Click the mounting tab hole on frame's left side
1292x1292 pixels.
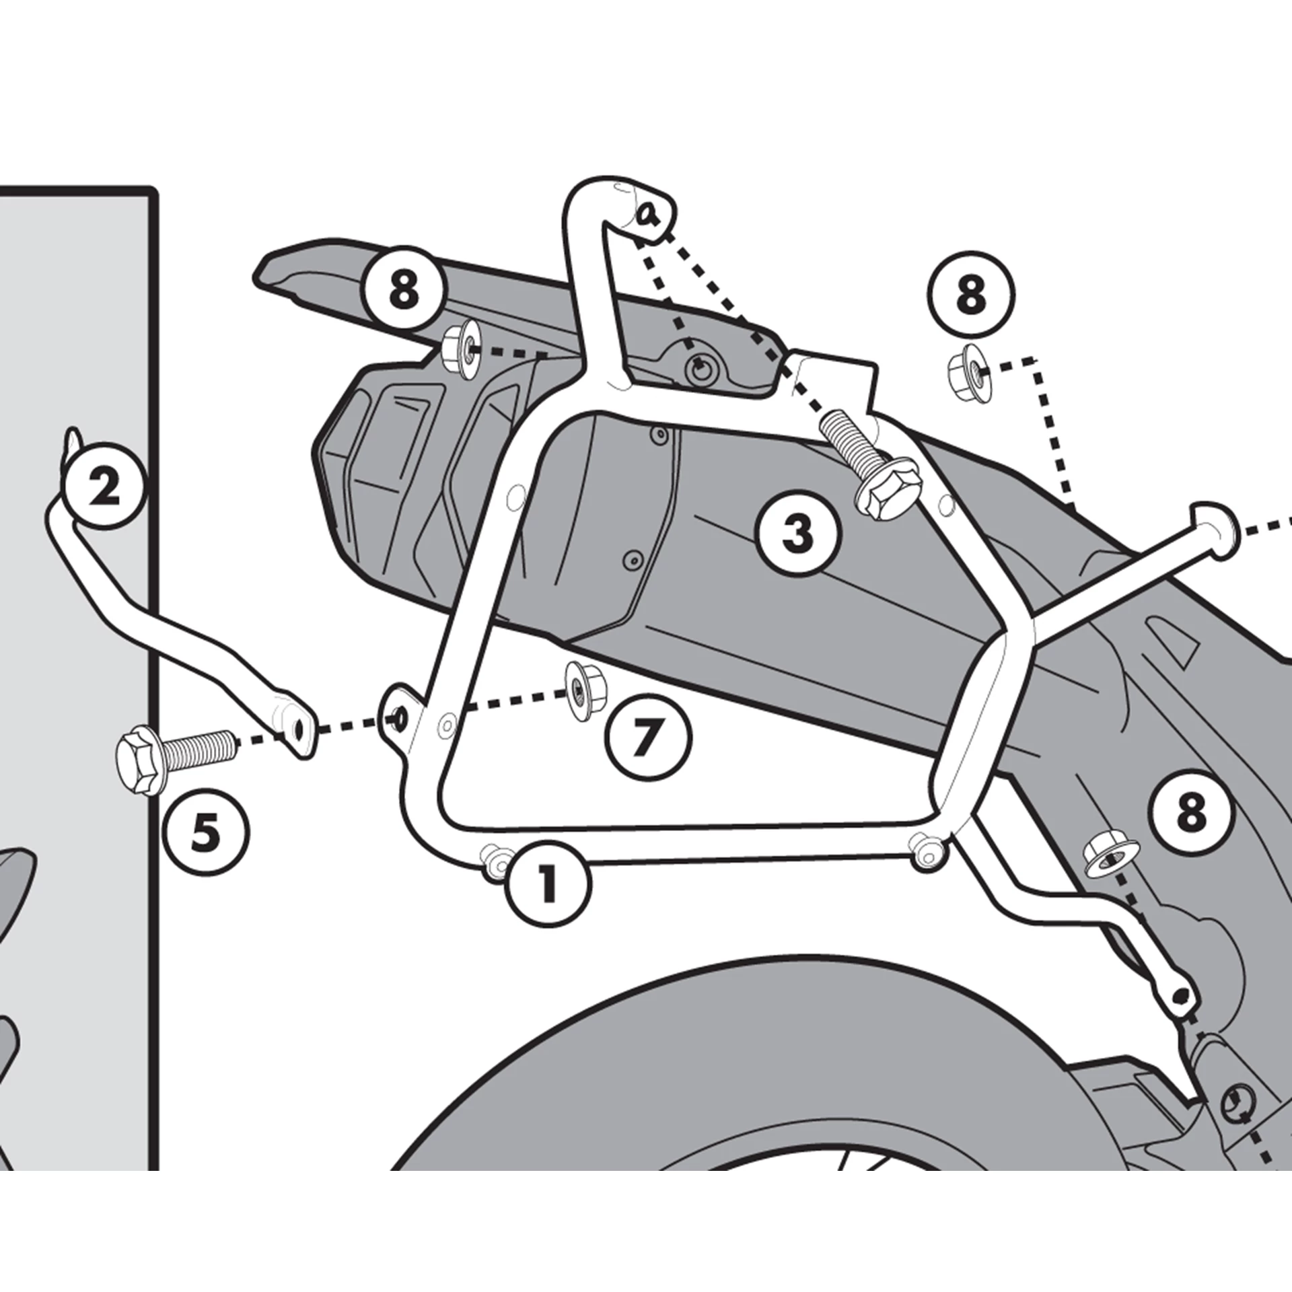tap(399, 718)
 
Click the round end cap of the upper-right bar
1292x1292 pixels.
tap(1216, 532)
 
